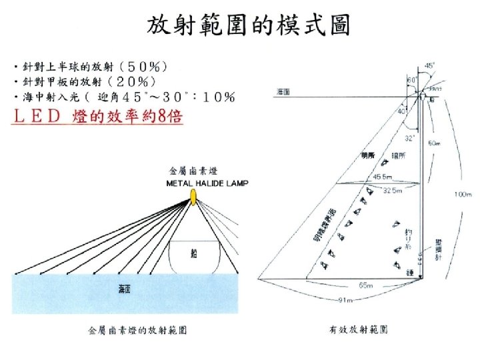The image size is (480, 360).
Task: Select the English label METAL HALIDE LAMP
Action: [207, 183]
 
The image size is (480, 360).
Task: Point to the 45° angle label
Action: [431, 66]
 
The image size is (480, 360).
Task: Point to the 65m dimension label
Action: [366, 285]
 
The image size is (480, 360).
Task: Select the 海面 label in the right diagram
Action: [283, 92]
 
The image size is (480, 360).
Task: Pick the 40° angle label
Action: [404, 111]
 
